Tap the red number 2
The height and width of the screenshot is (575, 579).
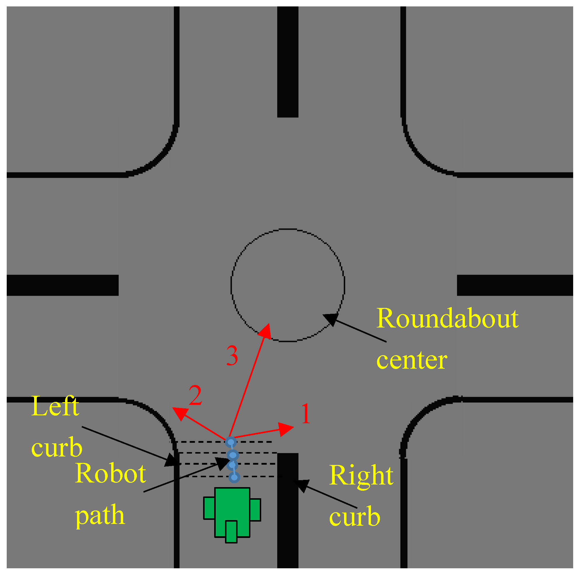click(x=196, y=395)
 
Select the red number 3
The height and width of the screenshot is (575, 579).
click(x=232, y=356)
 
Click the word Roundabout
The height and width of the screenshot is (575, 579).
click(x=447, y=318)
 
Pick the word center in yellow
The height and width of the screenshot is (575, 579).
click(x=412, y=360)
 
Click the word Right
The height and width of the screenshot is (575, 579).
click(x=361, y=476)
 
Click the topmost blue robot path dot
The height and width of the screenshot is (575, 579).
click(x=231, y=442)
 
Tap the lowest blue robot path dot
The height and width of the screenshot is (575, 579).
click(x=234, y=477)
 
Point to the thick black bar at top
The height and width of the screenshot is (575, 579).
click(x=288, y=62)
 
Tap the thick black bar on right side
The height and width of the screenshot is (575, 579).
click(x=515, y=285)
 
